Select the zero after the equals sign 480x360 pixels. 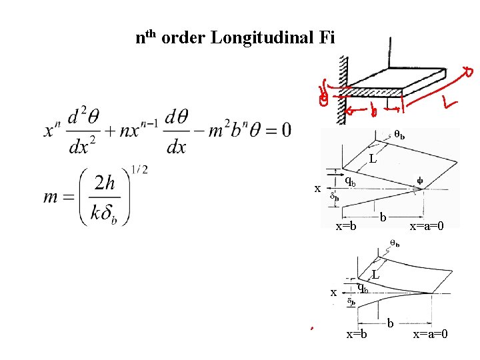285,129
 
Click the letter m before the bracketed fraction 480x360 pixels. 55,199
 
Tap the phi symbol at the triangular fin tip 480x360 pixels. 419,179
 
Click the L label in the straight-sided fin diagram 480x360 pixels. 373,159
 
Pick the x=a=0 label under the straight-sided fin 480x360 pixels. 427,226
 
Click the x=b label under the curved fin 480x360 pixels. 357,333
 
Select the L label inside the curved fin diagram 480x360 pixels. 377,274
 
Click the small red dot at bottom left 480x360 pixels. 311,328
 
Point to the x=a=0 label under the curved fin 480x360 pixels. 431,333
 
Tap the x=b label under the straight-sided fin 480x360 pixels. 346,226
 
